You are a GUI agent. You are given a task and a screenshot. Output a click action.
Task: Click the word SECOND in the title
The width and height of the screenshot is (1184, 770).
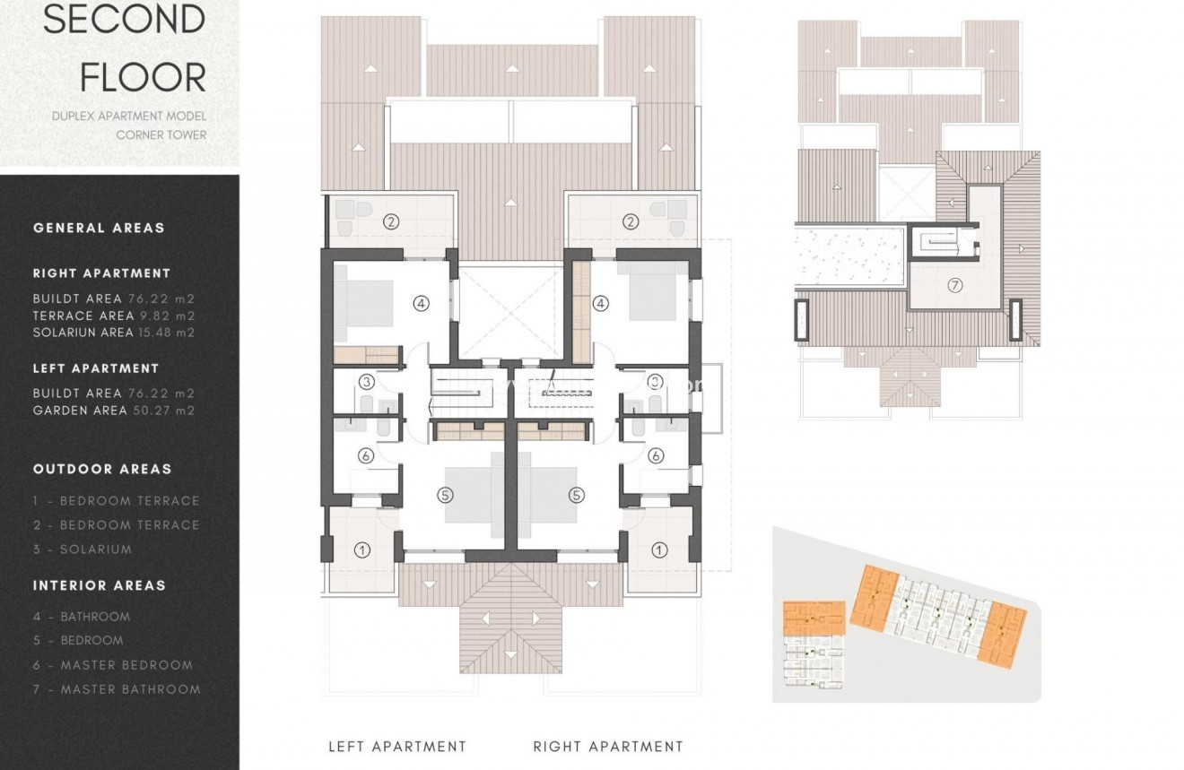(x=125, y=20)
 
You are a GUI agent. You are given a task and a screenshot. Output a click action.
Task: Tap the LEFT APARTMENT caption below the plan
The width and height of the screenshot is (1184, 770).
(x=397, y=746)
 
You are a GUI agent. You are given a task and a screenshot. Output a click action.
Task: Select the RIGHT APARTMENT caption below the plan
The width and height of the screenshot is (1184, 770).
(x=608, y=746)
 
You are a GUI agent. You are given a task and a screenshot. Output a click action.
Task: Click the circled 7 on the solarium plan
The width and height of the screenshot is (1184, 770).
(x=954, y=286)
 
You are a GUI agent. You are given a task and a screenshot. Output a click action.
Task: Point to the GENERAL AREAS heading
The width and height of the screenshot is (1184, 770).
(x=99, y=228)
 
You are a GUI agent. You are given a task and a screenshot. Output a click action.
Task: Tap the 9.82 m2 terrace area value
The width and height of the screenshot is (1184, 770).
(x=166, y=316)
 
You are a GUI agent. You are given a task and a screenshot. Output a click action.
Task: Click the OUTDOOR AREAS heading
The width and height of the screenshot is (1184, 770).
(x=102, y=469)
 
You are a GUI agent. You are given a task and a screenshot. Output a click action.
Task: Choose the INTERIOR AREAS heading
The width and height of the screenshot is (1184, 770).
(x=100, y=585)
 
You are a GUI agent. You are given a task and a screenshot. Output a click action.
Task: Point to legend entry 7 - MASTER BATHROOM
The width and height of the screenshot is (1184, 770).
(x=117, y=689)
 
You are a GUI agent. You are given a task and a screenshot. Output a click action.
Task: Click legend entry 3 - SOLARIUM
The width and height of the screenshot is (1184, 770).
(x=83, y=549)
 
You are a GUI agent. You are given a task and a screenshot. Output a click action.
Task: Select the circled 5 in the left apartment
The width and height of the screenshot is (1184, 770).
(x=446, y=494)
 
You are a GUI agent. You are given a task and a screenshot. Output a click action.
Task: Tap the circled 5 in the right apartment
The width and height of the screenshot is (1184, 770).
(x=576, y=494)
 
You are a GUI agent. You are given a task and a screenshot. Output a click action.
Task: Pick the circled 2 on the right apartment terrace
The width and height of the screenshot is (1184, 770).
(x=631, y=221)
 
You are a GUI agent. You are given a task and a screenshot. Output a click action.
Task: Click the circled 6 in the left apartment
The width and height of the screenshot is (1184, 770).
(x=365, y=455)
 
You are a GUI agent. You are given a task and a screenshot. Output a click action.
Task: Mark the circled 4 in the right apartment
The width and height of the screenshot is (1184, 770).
(x=601, y=304)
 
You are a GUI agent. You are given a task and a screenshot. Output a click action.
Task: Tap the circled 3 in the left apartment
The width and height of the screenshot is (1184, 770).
(x=366, y=382)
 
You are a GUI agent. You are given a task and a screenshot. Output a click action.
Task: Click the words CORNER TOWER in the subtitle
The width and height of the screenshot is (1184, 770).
(x=161, y=134)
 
